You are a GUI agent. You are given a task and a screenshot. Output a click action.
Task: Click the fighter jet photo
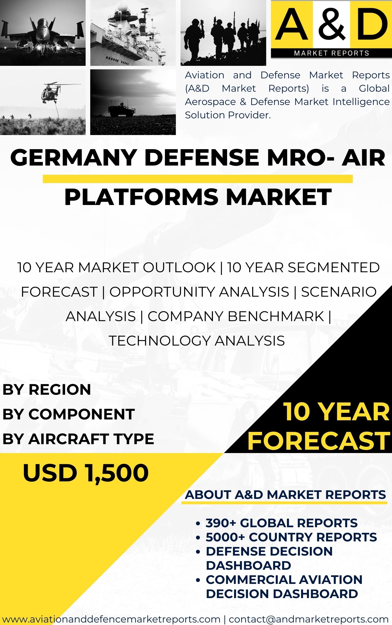coord(43,33)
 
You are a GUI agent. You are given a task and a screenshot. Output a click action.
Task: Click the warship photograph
coord(133,33)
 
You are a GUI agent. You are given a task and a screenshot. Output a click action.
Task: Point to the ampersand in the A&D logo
coord(331,24)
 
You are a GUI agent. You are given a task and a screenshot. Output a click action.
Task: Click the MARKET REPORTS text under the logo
coord(331,53)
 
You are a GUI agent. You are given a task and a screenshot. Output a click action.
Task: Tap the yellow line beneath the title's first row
coord(198,179)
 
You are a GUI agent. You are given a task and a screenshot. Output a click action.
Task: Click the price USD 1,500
coord(86,473)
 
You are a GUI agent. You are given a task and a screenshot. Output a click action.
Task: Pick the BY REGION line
coord(47,389)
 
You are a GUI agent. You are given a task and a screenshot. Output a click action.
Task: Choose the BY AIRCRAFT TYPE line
coord(78,439)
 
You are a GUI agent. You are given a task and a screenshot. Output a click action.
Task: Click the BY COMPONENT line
coord(68,414)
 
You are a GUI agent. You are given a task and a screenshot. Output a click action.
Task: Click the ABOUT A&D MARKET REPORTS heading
coord(286,495)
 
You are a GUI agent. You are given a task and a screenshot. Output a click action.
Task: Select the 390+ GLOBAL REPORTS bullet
coord(281,523)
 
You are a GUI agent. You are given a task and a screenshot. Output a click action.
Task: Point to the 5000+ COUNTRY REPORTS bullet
coord(291,537)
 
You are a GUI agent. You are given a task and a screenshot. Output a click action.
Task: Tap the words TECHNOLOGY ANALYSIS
coord(197,341)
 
